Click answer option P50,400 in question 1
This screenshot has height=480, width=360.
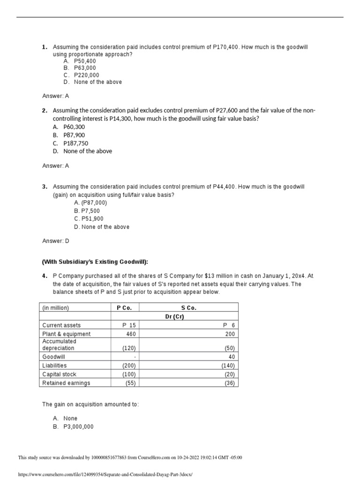(85, 61)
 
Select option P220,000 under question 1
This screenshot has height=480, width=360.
(86, 75)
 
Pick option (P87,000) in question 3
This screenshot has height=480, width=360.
(94, 202)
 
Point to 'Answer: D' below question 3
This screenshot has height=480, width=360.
(55, 241)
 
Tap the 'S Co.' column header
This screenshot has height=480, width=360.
(188, 308)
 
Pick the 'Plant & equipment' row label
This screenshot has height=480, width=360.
(66, 334)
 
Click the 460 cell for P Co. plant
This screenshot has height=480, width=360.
(131, 334)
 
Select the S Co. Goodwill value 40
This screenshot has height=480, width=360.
(231, 356)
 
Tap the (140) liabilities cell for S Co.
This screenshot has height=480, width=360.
(228, 365)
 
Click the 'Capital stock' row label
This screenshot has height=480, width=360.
(59, 374)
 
